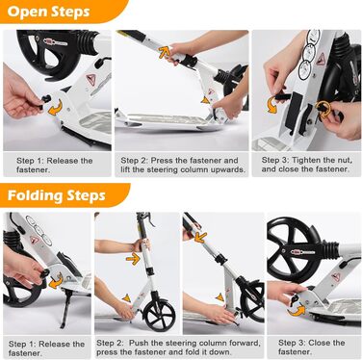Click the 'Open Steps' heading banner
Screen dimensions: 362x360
point(61,12)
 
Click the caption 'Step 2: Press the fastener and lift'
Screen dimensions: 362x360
point(183,165)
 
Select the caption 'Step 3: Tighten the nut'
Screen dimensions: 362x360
point(306,160)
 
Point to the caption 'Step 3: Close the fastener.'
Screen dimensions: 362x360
point(311,347)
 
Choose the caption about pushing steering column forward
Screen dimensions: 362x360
point(178,347)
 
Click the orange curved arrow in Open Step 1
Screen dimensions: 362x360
point(55,108)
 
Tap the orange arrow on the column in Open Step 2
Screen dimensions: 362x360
point(164,52)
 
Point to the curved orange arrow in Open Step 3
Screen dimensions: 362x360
point(272,104)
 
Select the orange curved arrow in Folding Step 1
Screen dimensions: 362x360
point(56,281)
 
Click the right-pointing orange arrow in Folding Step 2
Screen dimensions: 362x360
point(133,258)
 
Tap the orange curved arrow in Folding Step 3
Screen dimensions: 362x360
point(296,311)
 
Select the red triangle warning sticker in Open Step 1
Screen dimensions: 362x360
point(90,79)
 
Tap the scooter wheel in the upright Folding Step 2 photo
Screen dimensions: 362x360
point(159,315)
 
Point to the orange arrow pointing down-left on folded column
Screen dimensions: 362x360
point(200,237)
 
